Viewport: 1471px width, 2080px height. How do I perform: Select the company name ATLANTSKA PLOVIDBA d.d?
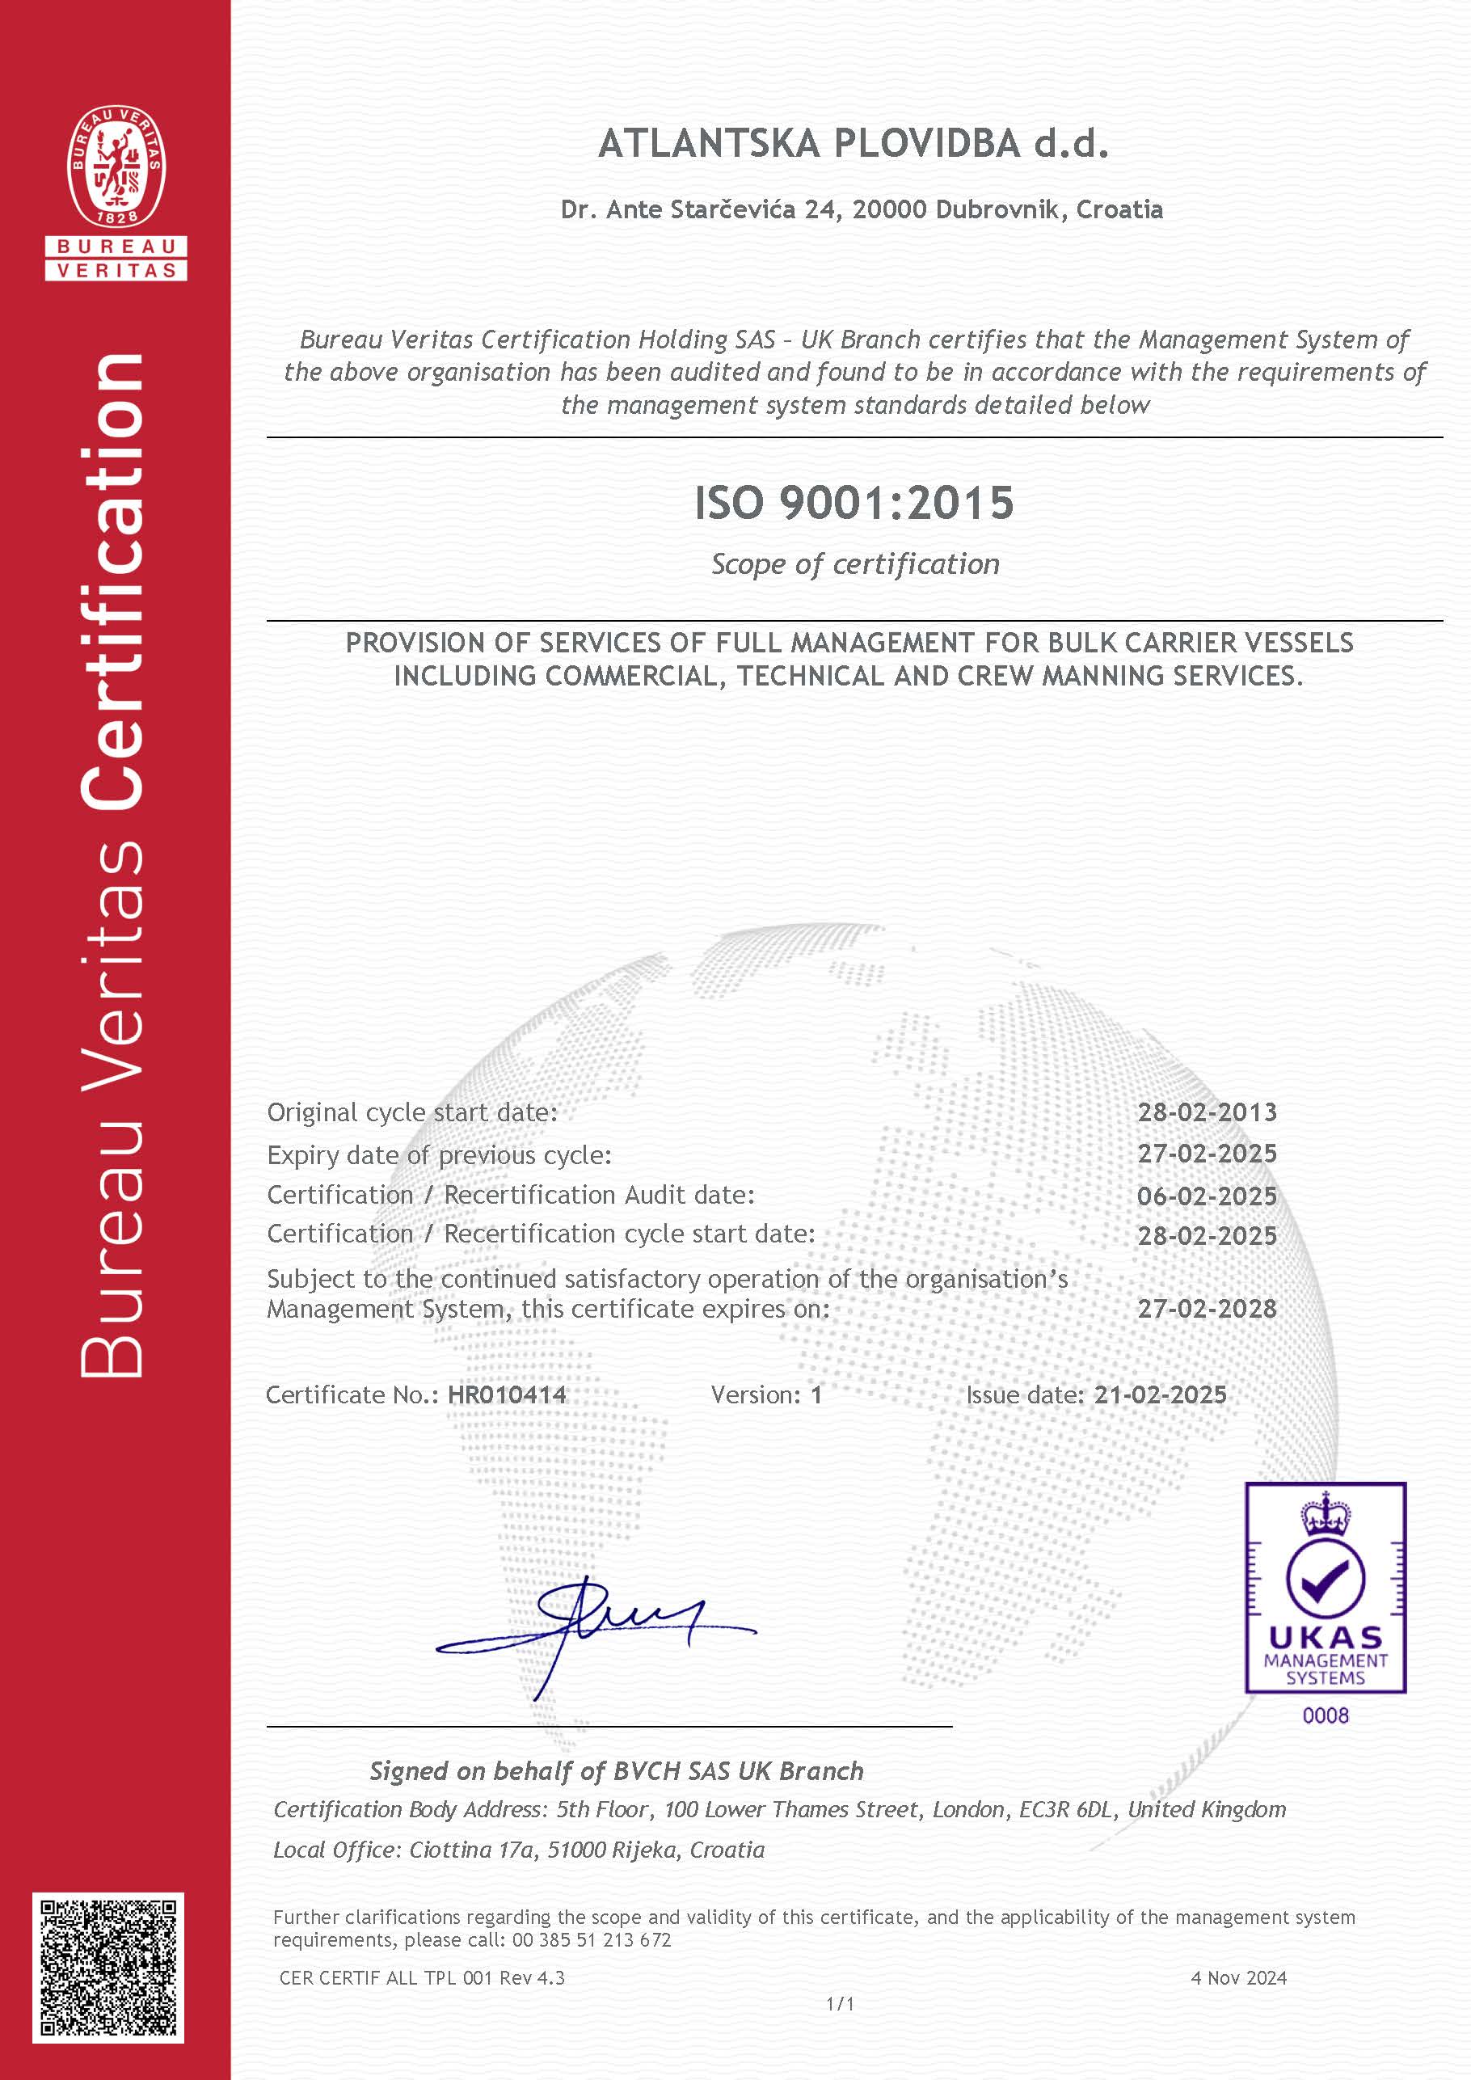click(x=854, y=144)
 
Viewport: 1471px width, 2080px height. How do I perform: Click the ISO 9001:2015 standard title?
click(x=854, y=503)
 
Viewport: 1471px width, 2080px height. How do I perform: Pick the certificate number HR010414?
click(x=508, y=1394)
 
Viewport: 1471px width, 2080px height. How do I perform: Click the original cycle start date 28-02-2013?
click(x=1207, y=1112)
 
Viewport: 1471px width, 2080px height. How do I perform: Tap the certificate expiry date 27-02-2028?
click(x=1207, y=1308)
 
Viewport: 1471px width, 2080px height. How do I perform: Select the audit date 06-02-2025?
click(x=1207, y=1196)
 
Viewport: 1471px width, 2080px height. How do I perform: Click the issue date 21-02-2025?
click(x=1159, y=1394)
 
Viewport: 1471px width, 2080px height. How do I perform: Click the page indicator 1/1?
click(x=840, y=2004)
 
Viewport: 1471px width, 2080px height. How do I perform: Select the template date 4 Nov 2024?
click(x=1238, y=1977)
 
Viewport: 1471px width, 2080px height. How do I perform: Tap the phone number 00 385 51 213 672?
click(x=592, y=1939)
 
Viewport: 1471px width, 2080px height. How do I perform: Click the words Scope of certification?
click(x=855, y=563)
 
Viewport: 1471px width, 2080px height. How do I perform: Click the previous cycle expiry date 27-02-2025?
click(x=1207, y=1154)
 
